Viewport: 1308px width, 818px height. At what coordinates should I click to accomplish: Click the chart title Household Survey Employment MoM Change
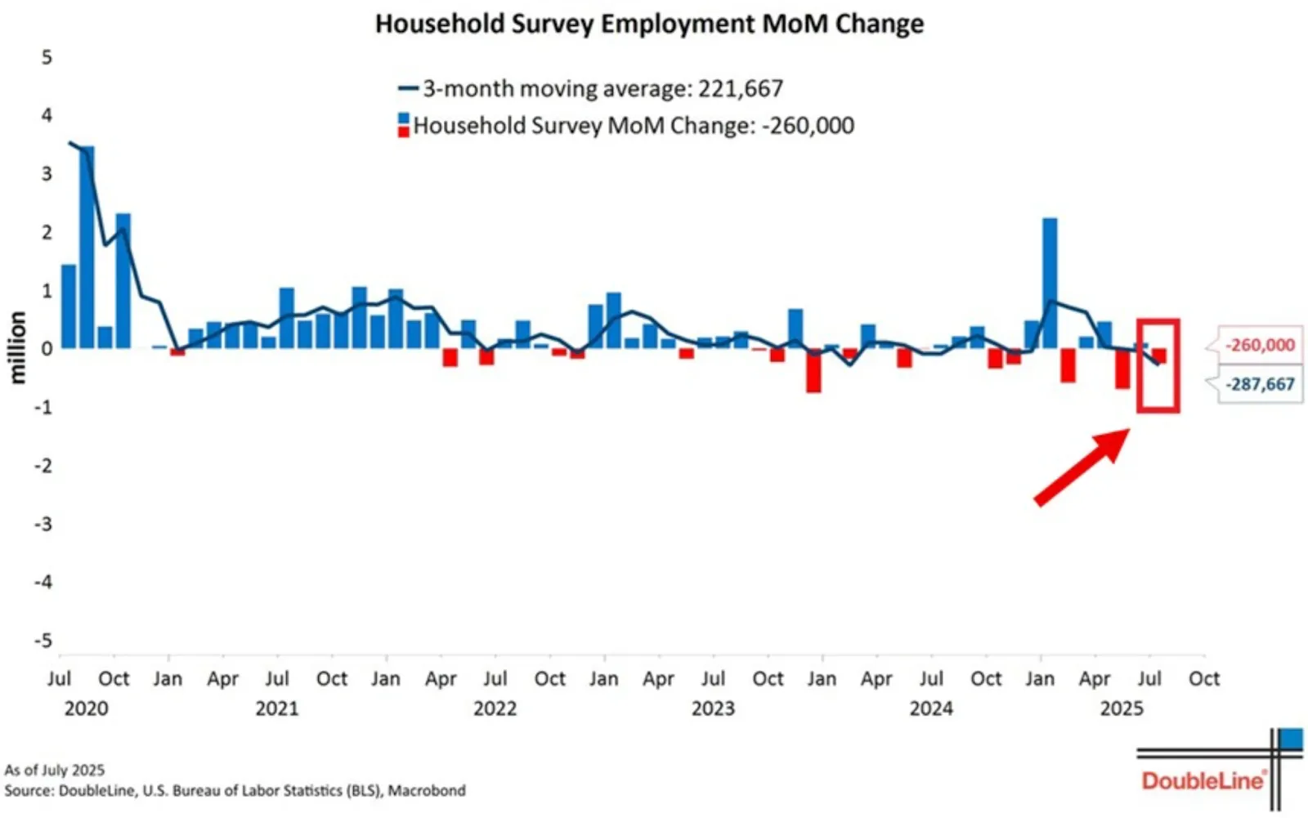coord(649,24)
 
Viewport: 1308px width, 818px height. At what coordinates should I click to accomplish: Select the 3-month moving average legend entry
coord(590,88)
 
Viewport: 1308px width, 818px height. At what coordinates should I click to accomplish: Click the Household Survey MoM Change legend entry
coord(625,126)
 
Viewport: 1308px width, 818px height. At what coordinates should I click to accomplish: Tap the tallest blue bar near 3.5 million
coord(87,245)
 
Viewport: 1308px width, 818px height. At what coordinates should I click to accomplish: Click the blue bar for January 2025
coord(1050,282)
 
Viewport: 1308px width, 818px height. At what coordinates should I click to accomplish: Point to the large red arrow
coord(1081,467)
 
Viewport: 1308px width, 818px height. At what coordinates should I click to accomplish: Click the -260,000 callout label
coord(1259,346)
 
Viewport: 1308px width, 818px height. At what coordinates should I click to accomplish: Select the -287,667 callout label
coord(1259,384)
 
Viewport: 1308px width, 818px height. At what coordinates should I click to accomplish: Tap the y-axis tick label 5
coord(47,57)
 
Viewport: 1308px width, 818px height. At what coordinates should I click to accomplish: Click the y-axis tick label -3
coord(43,524)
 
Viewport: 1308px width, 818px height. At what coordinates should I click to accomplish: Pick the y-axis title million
coord(18,347)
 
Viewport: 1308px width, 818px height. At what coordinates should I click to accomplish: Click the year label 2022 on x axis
coord(495,708)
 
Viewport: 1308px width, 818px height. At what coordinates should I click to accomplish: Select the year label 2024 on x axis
coord(931,708)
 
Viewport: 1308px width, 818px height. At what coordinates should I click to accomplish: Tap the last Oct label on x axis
coord(1203,679)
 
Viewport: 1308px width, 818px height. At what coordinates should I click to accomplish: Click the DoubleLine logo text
coord(1202,781)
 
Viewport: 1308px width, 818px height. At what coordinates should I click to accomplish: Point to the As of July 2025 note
coord(55,770)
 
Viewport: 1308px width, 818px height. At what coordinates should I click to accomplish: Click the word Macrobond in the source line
coord(427,791)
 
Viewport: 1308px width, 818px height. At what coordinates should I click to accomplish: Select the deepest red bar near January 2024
coord(813,372)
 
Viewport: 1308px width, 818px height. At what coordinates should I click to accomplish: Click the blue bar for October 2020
coord(123,280)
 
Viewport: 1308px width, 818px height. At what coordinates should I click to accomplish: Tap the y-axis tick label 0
coord(47,349)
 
